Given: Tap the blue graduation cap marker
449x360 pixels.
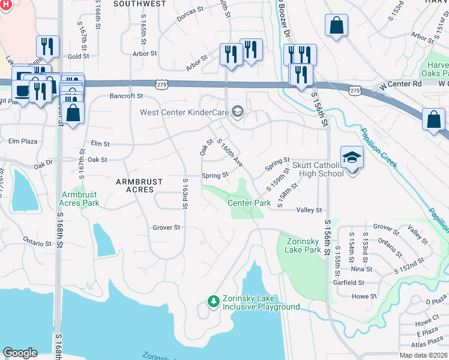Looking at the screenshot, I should pos(352,158).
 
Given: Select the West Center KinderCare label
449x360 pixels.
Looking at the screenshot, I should pos(184,112).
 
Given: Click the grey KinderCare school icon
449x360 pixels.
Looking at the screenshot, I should pos(238,112).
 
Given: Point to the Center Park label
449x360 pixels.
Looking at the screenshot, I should pos(249,203).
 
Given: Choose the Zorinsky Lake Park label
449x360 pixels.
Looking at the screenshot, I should pos(300,245).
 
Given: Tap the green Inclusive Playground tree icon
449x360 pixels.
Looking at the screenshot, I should pos(212,301).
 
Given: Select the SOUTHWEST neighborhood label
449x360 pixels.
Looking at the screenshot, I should pos(139,4).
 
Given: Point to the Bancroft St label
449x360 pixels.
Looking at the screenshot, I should pos(126,95).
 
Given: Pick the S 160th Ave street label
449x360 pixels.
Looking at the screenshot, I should pos(231,154).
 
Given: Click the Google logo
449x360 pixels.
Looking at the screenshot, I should pos(20,353).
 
